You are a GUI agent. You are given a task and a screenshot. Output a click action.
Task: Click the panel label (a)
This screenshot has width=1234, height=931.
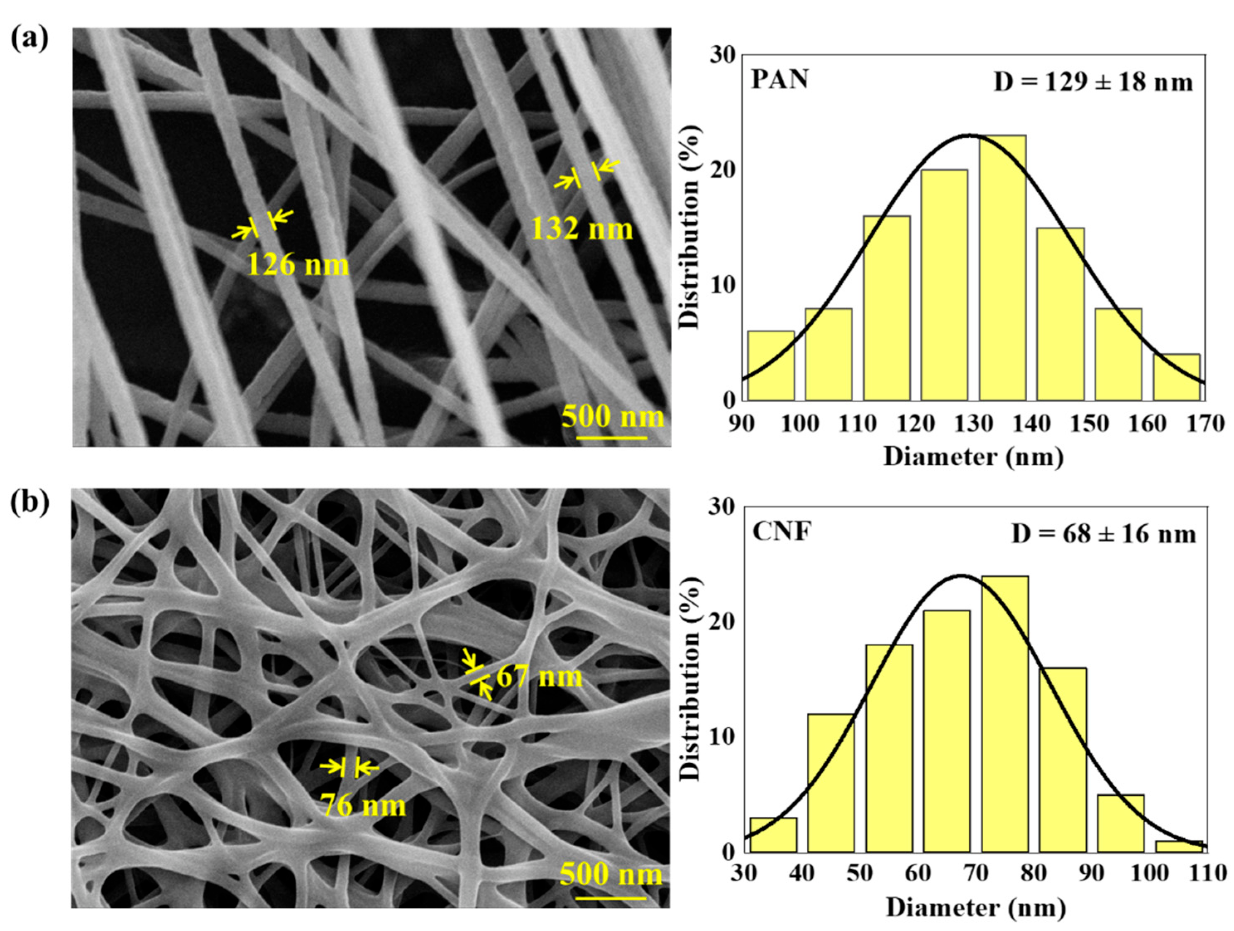(29, 40)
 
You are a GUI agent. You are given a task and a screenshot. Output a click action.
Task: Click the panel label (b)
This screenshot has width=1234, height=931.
(29, 501)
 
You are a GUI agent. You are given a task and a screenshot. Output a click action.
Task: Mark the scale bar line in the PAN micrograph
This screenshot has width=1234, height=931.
(611, 438)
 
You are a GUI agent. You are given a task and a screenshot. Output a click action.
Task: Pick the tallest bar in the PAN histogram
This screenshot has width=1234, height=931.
(1002, 268)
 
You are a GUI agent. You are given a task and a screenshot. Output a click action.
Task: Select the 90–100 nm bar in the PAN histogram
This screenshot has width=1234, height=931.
(771, 366)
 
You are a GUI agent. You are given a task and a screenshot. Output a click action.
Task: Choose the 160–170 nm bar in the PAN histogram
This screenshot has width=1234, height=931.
(1177, 378)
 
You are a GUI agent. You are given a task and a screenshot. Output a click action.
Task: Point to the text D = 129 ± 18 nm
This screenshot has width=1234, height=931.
(1093, 83)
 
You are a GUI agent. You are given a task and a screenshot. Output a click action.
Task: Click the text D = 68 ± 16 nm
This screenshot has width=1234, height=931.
(1103, 534)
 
